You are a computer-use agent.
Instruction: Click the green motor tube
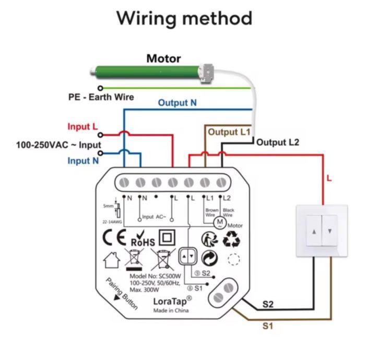pyautogui.click(x=146, y=71)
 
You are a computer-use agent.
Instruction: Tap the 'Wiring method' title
pyautogui.click(x=184, y=18)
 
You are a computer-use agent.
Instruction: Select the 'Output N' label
pyautogui.click(x=177, y=103)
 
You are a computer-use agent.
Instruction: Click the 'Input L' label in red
pyautogui.click(x=82, y=127)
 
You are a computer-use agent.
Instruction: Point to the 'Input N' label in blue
pyautogui.click(x=83, y=161)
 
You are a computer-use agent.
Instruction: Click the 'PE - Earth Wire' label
pyautogui.click(x=101, y=97)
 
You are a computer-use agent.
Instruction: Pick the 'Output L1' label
pyautogui.click(x=230, y=132)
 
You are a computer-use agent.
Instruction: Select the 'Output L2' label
pyautogui.click(x=278, y=142)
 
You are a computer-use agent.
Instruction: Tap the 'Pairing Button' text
pyautogui.click(x=121, y=293)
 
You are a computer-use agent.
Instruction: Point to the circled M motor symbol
pyautogui.click(x=220, y=221)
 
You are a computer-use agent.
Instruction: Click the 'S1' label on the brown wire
pyautogui.click(x=268, y=327)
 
